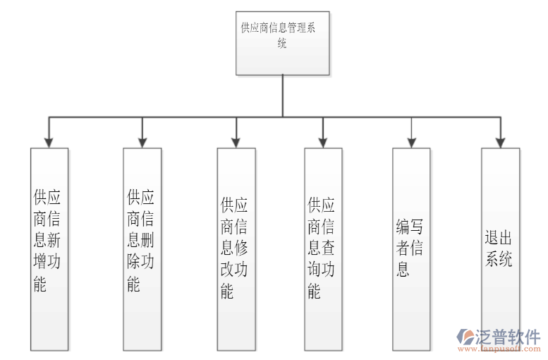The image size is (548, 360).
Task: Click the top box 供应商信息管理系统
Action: [x=283, y=43]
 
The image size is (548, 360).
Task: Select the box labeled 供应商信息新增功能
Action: [x=49, y=249]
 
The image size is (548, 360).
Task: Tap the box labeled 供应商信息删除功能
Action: [x=142, y=249]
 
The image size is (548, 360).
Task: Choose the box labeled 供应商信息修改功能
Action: [x=236, y=249]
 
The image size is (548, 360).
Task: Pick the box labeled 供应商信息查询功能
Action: [x=323, y=249]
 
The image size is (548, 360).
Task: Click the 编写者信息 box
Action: [x=411, y=249]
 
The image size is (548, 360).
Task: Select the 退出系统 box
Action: [x=500, y=249]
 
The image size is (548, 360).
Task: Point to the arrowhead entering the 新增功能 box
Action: [x=49, y=142]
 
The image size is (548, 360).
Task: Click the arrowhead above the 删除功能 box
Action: [x=142, y=142]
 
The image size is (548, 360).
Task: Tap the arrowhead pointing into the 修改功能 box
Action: [x=236, y=142]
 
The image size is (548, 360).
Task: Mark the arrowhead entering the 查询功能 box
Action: [x=323, y=142]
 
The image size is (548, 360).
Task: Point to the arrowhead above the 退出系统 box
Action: [x=500, y=142]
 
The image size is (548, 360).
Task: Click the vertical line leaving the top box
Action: [x=283, y=95]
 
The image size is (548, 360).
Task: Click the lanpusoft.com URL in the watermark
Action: [x=499, y=349]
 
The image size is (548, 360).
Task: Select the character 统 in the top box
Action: [x=282, y=43]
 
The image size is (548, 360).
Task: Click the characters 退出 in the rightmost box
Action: [x=499, y=237]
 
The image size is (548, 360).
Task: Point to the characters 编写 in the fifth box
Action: [x=410, y=227]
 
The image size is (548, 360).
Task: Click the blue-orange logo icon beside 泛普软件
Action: [x=467, y=337]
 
